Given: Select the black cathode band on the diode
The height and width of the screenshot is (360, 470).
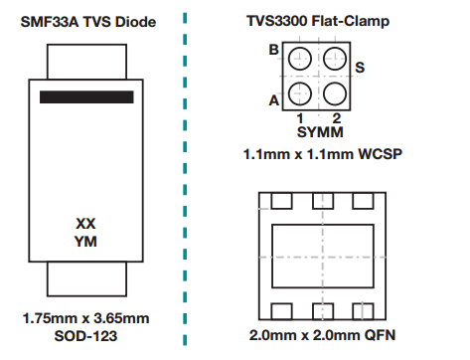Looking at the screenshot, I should coord(87,96).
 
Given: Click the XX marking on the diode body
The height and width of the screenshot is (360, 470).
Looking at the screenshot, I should coord(85,223).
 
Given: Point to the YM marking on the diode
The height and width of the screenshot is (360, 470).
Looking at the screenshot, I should coord(85,241).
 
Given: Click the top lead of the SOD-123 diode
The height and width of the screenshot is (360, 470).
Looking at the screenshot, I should coord(86,62).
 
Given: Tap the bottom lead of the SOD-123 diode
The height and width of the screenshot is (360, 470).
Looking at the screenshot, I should coord(86,284).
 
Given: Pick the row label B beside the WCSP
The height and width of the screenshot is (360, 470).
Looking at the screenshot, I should coord(273,50).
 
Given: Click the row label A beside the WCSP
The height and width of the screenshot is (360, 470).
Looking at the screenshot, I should coord(273,98).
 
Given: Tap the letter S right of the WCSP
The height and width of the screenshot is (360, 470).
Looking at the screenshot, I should coord(360,67).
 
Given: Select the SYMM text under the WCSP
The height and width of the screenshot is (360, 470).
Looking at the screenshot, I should coord(316,131).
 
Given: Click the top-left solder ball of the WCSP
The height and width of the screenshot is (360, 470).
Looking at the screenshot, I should coord(299,61).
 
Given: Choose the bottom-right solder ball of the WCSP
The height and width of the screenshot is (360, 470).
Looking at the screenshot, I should coord(335,94).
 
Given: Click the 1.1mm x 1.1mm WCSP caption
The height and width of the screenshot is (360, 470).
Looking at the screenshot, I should coord(316,154).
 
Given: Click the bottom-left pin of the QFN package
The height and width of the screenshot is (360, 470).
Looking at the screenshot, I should coord(281,307).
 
